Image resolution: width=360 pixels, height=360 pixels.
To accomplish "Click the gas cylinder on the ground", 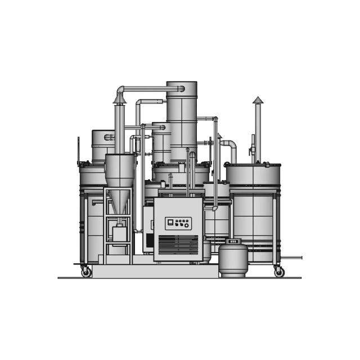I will (232, 260).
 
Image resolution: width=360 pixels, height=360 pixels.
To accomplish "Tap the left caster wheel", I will (86, 272).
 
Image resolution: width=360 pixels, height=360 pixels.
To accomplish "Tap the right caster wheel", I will (279, 272).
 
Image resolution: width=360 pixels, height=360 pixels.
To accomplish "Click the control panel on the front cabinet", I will (178, 223).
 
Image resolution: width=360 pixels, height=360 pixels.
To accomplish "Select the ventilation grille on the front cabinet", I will (178, 245).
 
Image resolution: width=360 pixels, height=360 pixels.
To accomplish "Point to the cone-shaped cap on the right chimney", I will (258, 100).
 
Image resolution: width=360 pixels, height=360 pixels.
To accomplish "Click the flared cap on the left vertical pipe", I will (119, 99).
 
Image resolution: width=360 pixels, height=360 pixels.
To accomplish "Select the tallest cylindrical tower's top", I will (182, 85).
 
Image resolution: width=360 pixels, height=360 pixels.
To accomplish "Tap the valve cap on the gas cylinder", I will (233, 241).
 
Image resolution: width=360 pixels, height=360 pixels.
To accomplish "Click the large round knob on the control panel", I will (187, 226).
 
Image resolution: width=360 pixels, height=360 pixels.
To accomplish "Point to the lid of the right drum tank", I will (253, 166).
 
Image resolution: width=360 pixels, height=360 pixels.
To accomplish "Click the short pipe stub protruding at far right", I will (291, 258).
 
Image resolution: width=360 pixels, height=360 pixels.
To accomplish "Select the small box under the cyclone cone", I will (119, 233).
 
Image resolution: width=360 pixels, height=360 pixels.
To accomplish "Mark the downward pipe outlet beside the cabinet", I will (214, 208).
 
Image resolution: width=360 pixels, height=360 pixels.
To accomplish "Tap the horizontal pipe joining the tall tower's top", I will (149, 88).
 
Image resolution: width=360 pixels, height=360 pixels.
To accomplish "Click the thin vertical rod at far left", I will (78, 150).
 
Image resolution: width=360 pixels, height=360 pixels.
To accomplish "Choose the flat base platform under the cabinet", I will (155, 271).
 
